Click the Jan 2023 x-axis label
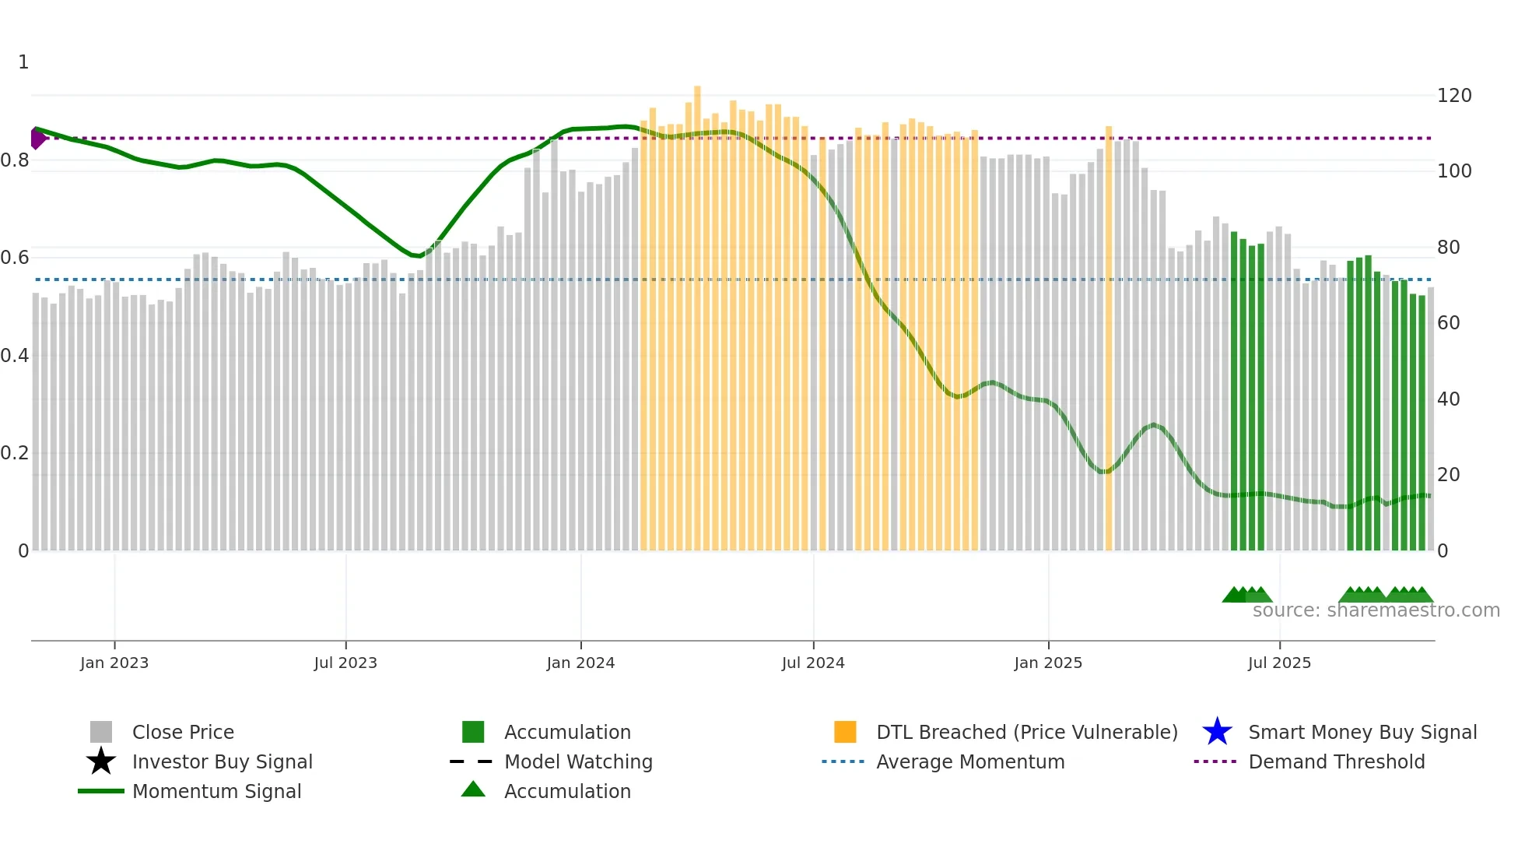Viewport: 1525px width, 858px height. [x=114, y=663]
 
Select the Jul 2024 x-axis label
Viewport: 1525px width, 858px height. [x=813, y=663]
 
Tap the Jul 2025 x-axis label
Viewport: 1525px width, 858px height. [x=1279, y=663]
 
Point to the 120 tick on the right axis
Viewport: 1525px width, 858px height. [x=1454, y=96]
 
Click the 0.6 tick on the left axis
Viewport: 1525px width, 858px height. [x=15, y=258]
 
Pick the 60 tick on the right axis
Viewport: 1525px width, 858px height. [x=1448, y=323]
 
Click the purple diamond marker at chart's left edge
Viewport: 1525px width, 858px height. [x=37, y=139]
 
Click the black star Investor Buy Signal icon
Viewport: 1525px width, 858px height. [x=101, y=761]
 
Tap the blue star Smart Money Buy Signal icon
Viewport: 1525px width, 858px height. [x=1217, y=732]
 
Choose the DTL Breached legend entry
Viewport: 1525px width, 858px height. [x=1026, y=732]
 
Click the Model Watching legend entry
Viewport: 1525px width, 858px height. [x=578, y=761]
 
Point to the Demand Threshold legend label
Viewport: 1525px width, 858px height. [x=1336, y=761]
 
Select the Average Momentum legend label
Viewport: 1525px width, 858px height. [x=970, y=761]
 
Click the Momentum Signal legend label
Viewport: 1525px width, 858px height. [x=216, y=791]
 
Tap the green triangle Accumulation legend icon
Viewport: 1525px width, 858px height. [x=473, y=789]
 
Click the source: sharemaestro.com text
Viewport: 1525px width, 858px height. [x=1376, y=610]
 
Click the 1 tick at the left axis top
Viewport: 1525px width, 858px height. [x=23, y=62]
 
